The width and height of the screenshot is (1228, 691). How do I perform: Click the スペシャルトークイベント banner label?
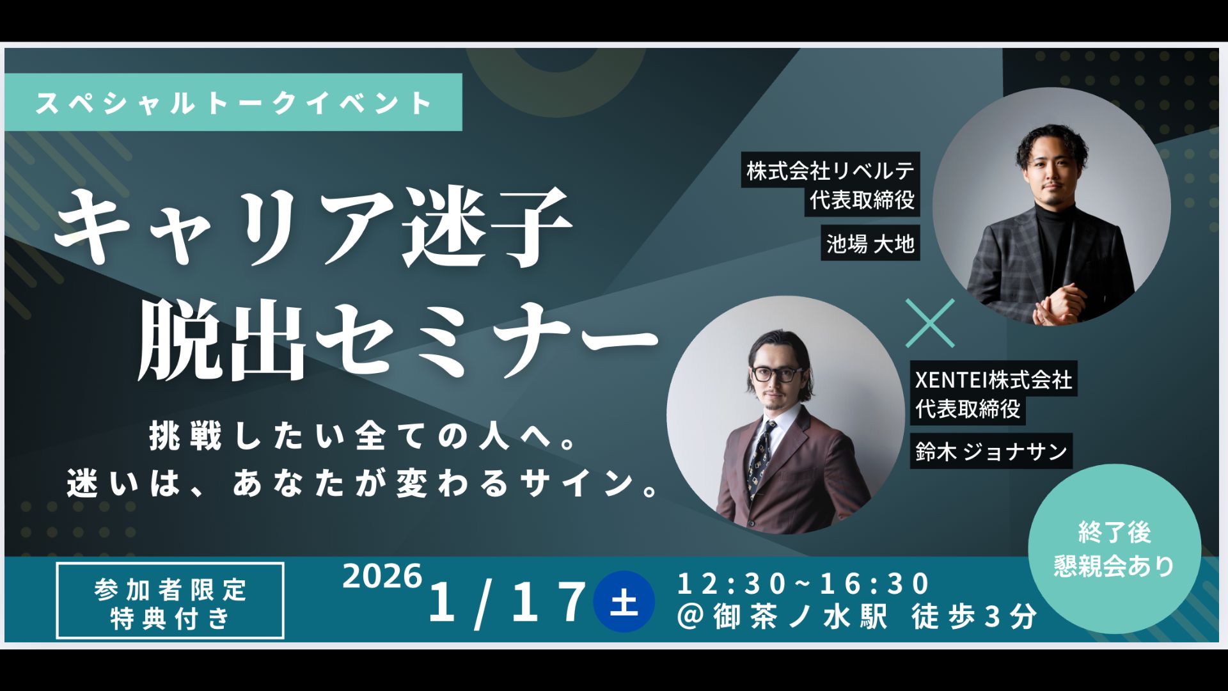(x=233, y=102)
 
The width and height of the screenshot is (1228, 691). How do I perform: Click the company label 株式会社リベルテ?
(x=830, y=171)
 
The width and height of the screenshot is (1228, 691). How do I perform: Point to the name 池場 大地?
(x=870, y=243)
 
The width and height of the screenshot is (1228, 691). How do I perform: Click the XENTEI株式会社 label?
(x=993, y=379)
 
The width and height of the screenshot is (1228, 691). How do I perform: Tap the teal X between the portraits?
(x=931, y=323)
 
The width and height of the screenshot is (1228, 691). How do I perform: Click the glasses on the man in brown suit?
(x=778, y=374)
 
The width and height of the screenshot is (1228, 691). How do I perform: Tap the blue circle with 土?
(x=624, y=601)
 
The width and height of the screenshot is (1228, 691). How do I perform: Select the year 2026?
(x=382, y=576)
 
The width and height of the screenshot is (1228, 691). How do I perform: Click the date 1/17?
(x=508, y=602)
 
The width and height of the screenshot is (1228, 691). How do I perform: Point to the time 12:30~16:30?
(x=803, y=584)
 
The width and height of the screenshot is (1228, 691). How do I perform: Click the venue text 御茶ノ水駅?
(x=800, y=617)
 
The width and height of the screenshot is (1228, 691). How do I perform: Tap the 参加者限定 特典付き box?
(x=170, y=601)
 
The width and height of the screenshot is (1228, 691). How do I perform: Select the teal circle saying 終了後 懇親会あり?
(x=1114, y=549)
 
